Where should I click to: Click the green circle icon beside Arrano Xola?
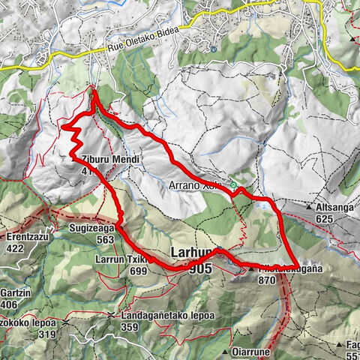[233, 184]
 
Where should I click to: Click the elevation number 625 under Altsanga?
[325, 218]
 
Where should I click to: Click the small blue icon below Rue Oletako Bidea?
[213, 49]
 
